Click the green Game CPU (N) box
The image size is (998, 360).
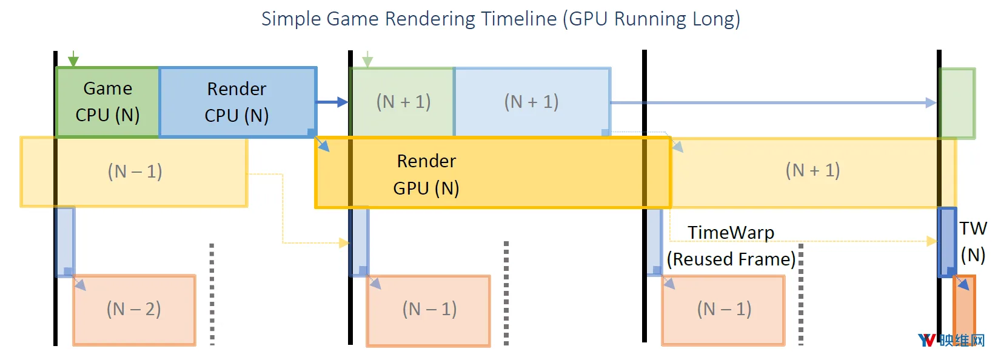click(x=107, y=102)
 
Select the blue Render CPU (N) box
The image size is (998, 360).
click(x=238, y=102)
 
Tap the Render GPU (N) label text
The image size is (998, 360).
click(x=426, y=174)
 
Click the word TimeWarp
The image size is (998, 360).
click(x=731, y=233)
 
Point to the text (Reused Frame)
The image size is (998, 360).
click(x=731, y=259)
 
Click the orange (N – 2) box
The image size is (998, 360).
click(x=134, y=310)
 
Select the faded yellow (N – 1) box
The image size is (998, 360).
click(x=133, y=172)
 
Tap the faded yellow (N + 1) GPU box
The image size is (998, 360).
click(x=813, y=173)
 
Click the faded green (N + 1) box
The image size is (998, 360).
click(x=402, y=102)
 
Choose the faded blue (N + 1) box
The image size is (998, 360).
click(x=532, y=102)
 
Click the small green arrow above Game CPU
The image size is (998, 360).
click(x=73, y=59)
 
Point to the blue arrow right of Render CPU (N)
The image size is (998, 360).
click(x=332, y=102)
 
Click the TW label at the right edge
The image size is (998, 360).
click(x=973, y=228)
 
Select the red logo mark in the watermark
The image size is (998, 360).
click(x=926, y=341)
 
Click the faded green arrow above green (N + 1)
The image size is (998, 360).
click(x=367, y=59)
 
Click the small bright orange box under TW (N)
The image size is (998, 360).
click(x=965, y=310)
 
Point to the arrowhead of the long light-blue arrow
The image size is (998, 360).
click(x=931, y=103)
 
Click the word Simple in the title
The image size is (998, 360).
click(x=291, y=19)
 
